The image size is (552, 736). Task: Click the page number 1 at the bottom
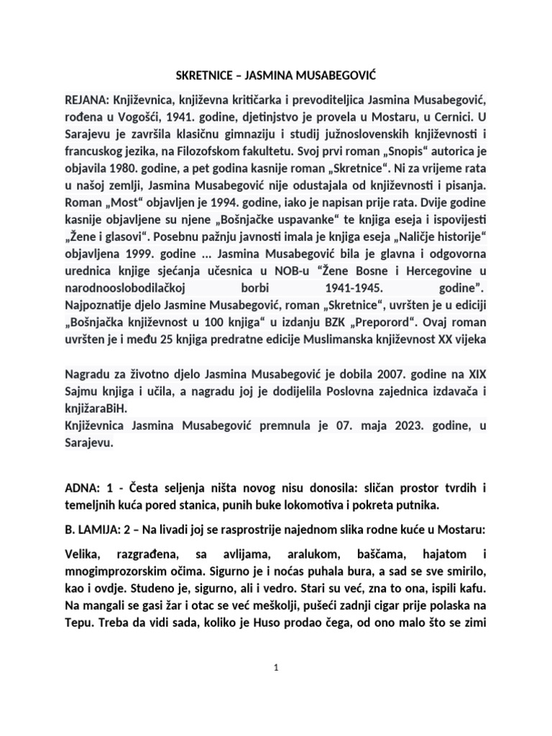[276, 668]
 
